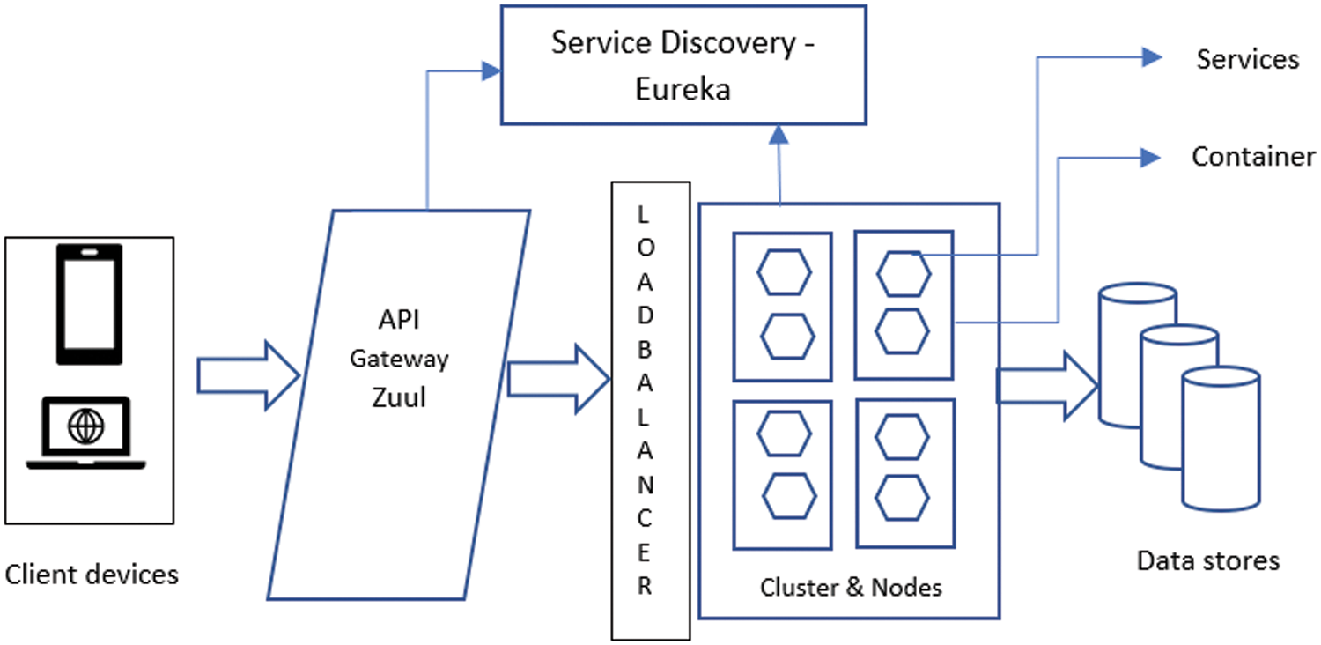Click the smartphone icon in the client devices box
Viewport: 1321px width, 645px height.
click(89, 304)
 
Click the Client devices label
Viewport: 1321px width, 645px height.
click(92, 575)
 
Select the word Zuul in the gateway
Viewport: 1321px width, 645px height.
click(398, 397)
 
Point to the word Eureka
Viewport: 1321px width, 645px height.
click(683, 89)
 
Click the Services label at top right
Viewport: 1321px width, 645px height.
click(1247, 59)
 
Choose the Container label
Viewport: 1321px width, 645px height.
click(1253, 157)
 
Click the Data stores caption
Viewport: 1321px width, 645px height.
click(1207, 560)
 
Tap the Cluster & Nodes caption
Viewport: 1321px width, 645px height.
click(851, 587)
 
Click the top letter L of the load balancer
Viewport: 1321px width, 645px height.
click(643, 214)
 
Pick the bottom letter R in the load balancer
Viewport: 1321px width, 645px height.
click(645, 587)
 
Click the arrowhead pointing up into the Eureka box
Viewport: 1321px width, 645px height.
click(779, 134)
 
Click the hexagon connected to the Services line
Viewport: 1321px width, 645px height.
click(903, 273)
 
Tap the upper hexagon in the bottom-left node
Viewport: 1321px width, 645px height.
click(785, 437)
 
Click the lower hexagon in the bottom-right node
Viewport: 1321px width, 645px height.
click(903, 498)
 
